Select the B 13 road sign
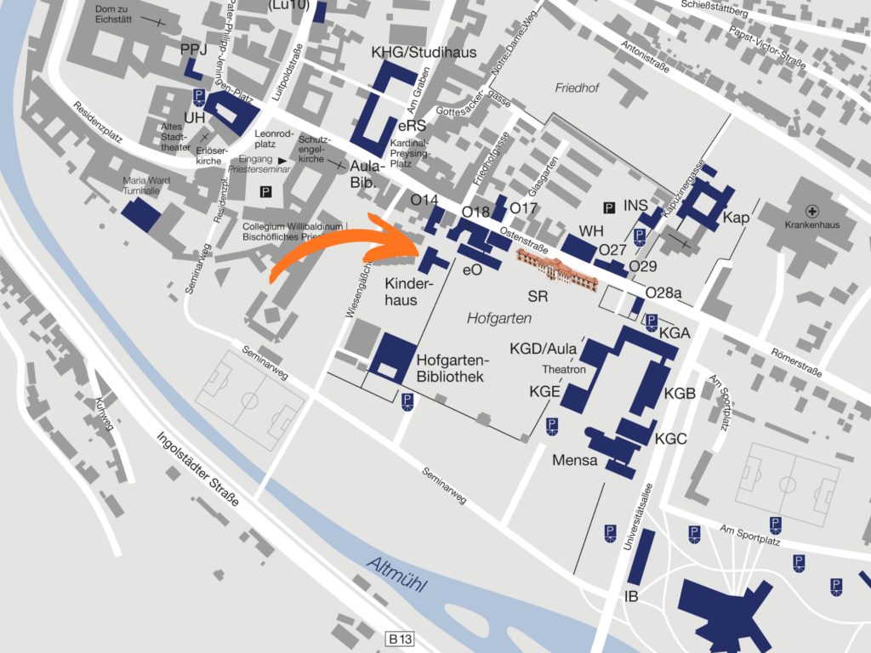401,638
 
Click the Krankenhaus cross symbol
813,210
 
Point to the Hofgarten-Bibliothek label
450,367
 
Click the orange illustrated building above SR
558,267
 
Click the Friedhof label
578,88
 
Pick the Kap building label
736,218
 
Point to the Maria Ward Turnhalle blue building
141,216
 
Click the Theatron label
565,370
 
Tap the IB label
631,596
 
